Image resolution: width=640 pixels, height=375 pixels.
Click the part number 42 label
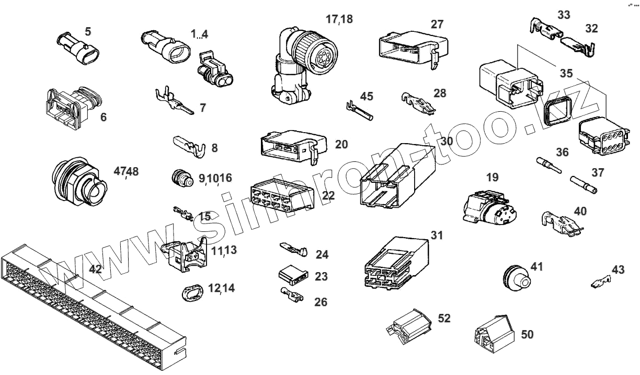coord(95,270)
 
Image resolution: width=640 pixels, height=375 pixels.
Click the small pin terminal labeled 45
coord(359,111)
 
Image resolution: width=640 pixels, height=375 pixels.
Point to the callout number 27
coord(437,25)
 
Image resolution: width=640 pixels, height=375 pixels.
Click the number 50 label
coord(528,334)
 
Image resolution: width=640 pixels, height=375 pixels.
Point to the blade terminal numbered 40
coord(561,223)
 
